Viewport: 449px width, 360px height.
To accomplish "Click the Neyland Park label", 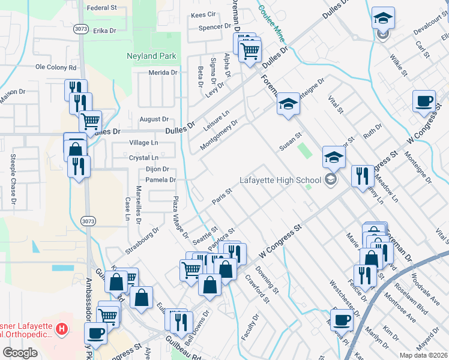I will pos(151,56).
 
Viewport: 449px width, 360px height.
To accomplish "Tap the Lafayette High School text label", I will pos(280,179).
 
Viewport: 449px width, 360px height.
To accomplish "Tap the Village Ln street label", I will pos(143,143).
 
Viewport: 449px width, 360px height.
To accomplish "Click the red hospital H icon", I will pos(61,329).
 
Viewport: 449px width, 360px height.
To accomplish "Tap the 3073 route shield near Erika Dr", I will pos(81,28).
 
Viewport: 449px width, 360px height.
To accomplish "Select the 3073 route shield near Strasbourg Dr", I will pos(88,221).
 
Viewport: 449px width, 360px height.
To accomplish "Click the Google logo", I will pos(20,353).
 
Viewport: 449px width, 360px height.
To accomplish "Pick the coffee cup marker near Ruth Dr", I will pos(424,101).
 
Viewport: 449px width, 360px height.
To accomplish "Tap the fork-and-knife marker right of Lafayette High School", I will pos(362,176).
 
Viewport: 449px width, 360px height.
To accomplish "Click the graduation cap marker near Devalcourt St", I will pos(383,18).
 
